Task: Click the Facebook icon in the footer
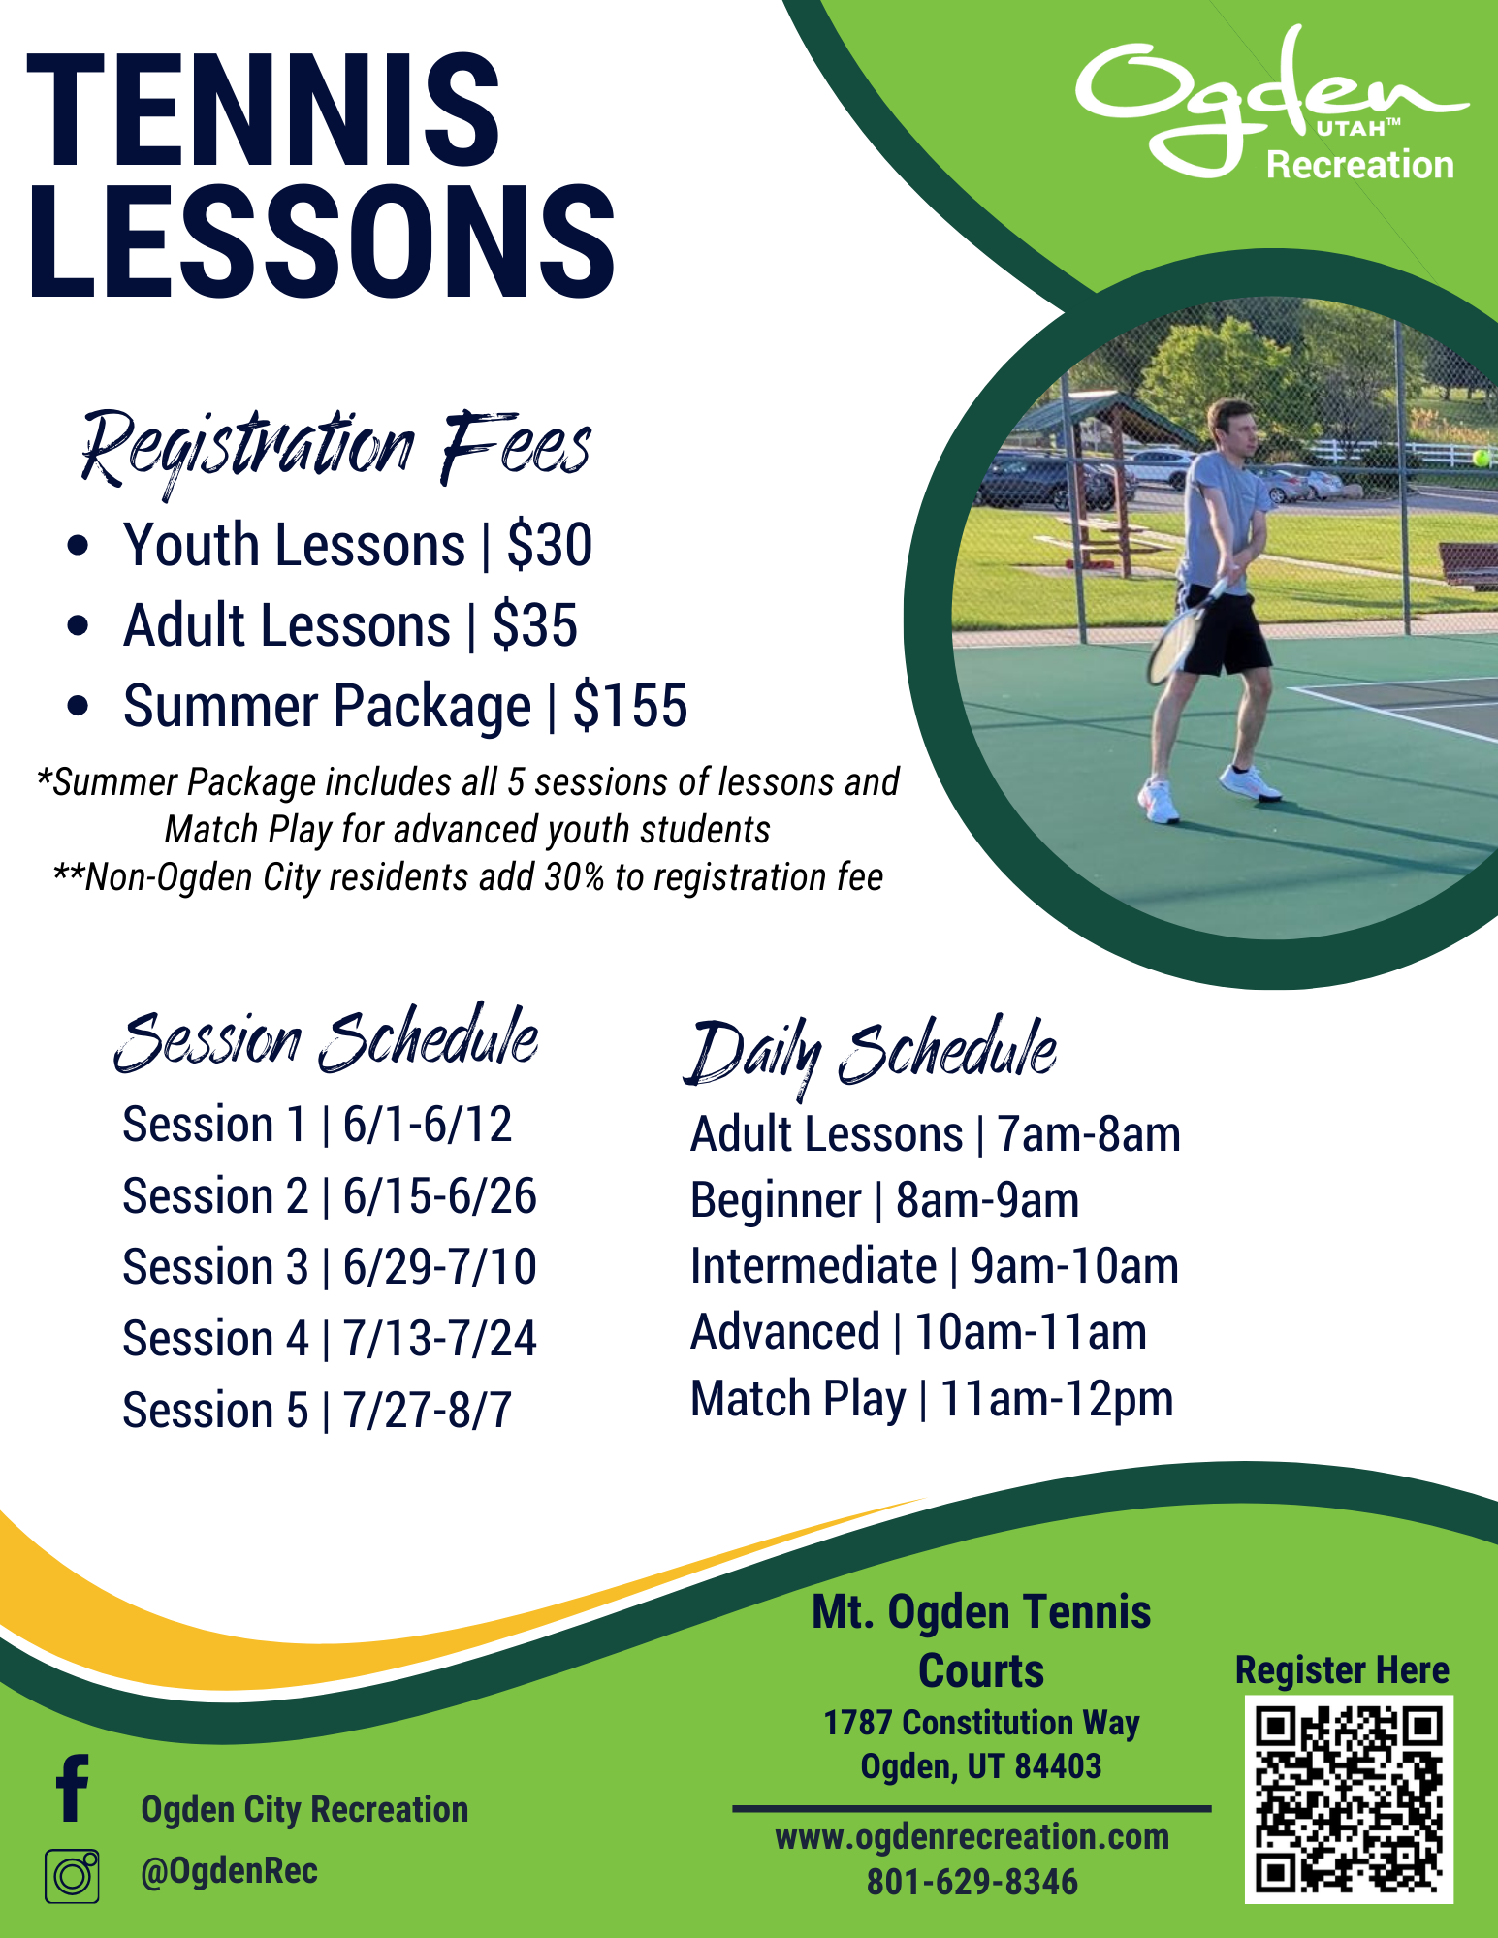point(73,1788)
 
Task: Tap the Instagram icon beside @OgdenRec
point(72,1875)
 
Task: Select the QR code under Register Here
point(1348,1799)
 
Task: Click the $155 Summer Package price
point(629,706)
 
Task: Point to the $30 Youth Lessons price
point(549,545)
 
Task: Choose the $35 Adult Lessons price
point(534,625)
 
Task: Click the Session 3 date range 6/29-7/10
point(439,1267)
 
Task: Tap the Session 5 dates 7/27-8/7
point(427,1411)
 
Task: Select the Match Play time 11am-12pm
point(1056,1399)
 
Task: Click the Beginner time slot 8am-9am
point(986,1200)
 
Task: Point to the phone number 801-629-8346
point(972,1882)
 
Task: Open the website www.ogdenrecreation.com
point(972,1837)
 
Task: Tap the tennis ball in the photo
point(1482,457)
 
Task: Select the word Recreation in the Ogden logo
point(1359,165)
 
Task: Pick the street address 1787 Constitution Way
point(981,1723)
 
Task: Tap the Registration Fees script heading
point(335,448)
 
